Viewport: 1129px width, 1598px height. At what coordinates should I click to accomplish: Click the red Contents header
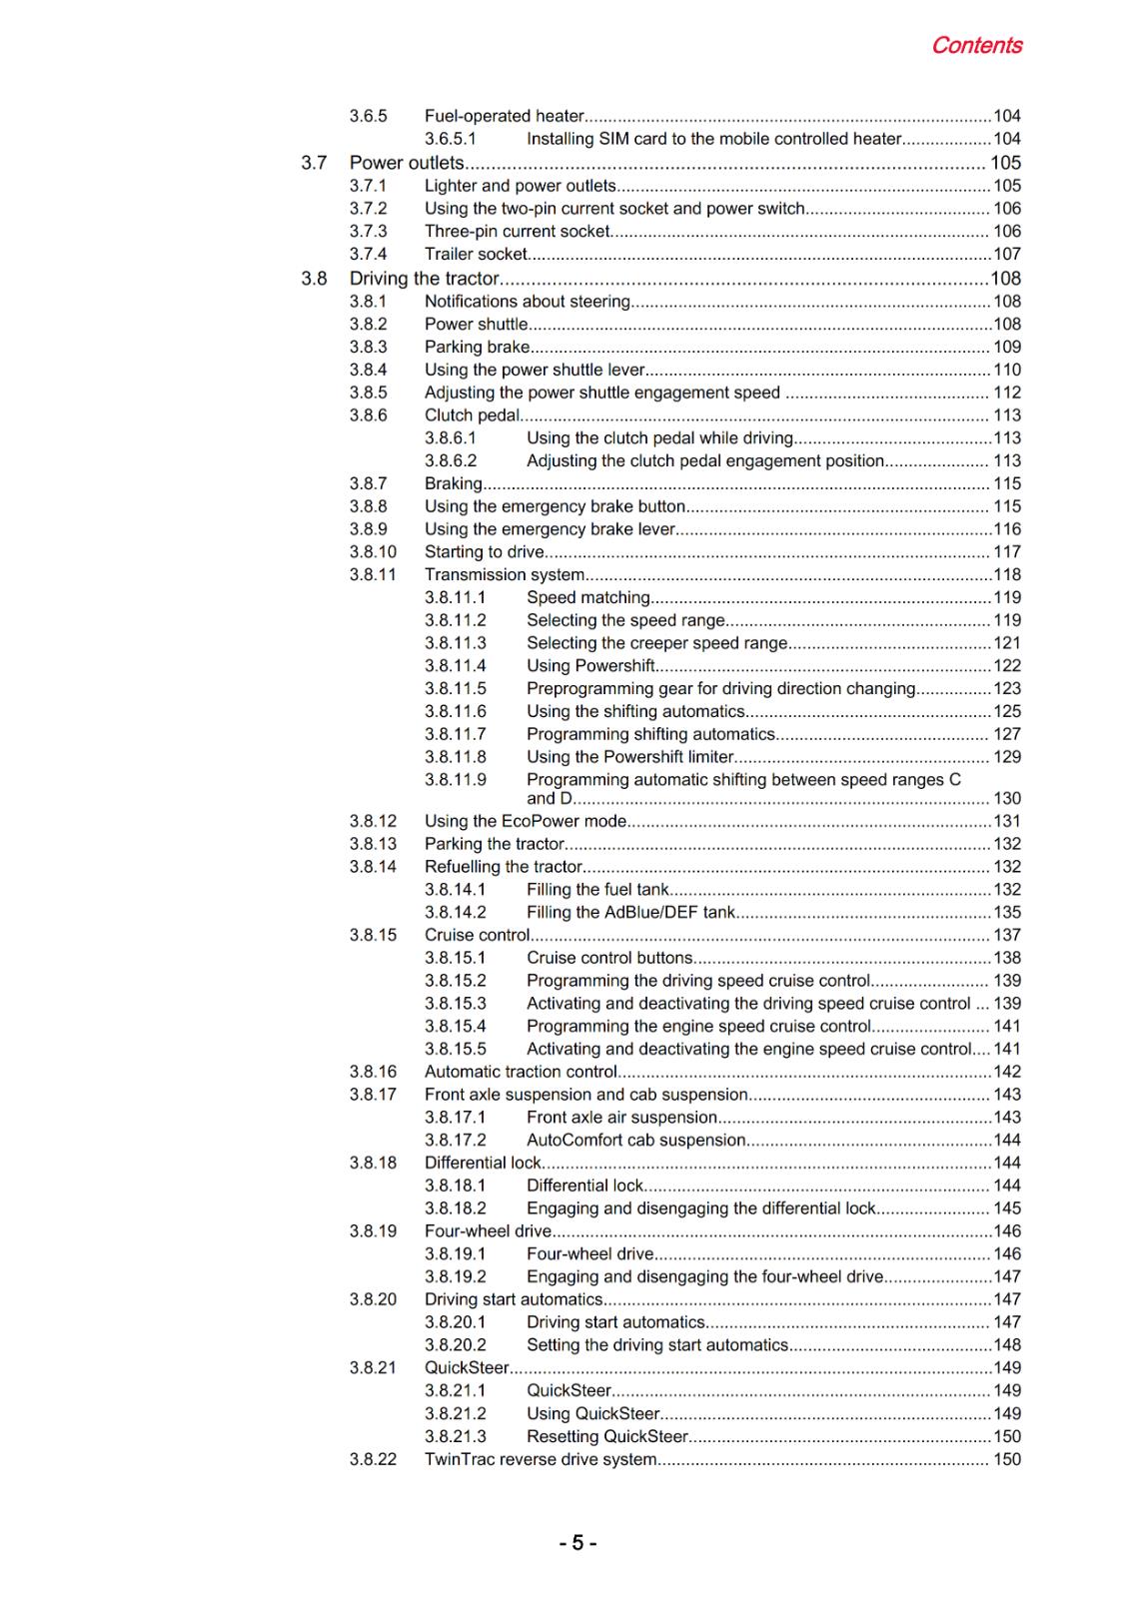(976, 46)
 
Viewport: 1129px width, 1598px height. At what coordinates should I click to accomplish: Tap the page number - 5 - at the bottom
(577, 1543)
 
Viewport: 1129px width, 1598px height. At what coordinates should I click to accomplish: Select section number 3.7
(314, 163)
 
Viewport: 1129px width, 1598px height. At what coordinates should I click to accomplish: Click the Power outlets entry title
(407, 163)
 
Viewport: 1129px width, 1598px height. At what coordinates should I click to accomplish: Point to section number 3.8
(314, 279)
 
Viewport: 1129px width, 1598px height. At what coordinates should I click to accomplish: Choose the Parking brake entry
(477, 347)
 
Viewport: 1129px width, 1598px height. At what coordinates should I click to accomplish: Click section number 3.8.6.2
(451, 460)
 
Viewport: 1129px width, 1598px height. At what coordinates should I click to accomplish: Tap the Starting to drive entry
(485, 551)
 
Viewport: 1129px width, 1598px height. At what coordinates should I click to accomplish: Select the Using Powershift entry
(590, 665)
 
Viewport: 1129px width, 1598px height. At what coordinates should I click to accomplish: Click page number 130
(1007, 798)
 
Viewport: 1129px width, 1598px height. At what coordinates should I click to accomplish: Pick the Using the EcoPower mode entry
(526, 821)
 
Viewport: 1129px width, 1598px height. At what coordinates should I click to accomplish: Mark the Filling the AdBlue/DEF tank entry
(630, 912)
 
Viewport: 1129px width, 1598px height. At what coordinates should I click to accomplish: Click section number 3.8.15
(373, 935)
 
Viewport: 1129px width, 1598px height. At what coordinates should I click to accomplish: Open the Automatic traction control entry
(521, 1072)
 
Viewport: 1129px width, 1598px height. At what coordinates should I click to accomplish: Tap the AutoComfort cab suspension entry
(635, 1140)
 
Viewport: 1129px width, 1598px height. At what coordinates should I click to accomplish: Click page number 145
(1007, 1208)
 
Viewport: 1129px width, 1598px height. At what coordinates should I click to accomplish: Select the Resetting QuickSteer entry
(607, 1436)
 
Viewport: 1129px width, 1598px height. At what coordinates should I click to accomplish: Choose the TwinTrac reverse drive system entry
(541, 1459)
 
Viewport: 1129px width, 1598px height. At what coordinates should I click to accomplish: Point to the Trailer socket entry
(476, 254)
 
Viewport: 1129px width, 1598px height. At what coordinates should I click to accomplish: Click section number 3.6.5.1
(451, 139)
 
